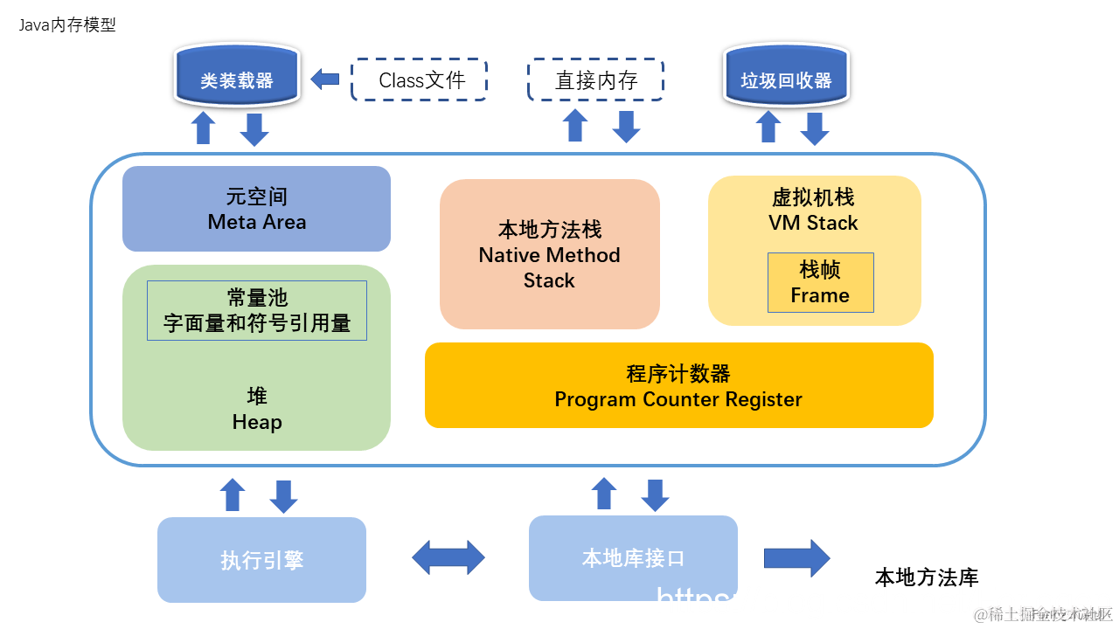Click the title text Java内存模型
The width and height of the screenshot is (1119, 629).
[67, 25]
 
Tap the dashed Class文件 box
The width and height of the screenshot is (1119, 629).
[419, 80]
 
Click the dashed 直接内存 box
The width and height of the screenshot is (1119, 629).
[595, 80]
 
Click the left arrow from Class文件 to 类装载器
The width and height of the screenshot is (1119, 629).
[325, 79]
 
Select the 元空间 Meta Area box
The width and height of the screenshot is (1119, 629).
[256, 209]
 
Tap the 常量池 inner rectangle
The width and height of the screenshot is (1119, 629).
[256, 310]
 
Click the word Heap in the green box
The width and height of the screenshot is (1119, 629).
[257, 423]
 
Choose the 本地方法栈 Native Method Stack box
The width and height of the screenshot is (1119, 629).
[549, 254]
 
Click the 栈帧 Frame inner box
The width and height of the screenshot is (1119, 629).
[820, 282]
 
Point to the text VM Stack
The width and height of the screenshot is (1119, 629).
[813, 223]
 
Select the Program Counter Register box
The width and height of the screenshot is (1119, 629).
[678, 385]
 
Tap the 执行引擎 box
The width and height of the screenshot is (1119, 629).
[261, 560]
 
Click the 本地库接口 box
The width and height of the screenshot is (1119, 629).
[633, 557]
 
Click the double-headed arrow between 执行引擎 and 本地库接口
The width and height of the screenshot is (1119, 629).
[448, 557]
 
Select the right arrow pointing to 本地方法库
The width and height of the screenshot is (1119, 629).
[796, 557]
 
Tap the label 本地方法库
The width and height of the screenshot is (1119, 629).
[927, 577]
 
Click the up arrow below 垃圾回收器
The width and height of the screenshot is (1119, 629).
[768, 128]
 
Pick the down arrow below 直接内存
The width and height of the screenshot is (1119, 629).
[626, 128]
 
